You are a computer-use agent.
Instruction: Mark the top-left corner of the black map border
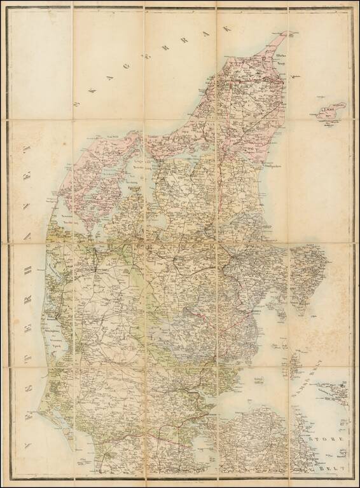click(8, 8)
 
